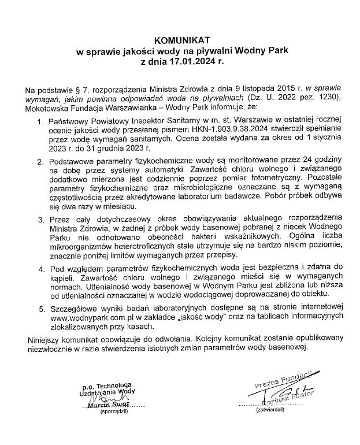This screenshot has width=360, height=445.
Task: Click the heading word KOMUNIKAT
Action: point(179,40)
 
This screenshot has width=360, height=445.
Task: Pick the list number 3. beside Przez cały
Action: point(40,220)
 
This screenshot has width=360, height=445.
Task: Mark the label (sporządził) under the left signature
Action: point(113,412)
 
